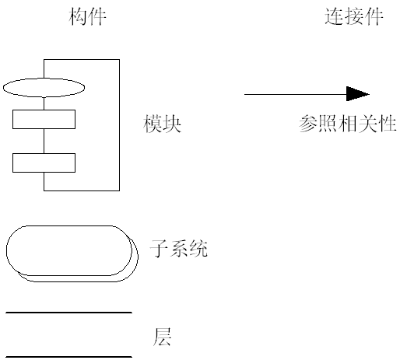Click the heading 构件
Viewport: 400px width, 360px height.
coord(86,17)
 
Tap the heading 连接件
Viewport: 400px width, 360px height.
coord(353,17)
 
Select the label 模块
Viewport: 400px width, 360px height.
coord(163,124)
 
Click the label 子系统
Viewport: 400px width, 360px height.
coord(178,250)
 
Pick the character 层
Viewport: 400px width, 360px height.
coord(162,337)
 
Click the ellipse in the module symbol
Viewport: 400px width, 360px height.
coord(44,86)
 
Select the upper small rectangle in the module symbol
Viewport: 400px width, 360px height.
coord(44,119)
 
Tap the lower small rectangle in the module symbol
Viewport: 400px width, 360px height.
coord(44,163)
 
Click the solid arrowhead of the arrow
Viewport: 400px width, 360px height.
coord(358,94)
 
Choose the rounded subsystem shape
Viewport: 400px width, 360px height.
coord(70,251)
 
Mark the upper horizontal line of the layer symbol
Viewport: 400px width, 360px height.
coord(68,313)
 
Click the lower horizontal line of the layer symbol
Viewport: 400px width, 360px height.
coord(68,356)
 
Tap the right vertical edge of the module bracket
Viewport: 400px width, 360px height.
coord(119,124)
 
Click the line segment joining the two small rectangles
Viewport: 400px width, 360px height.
coord(44,141)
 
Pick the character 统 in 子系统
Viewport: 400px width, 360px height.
coord(198,250)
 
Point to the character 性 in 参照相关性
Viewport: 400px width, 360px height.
coord(388,124)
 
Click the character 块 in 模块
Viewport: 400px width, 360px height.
coord(172,124)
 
